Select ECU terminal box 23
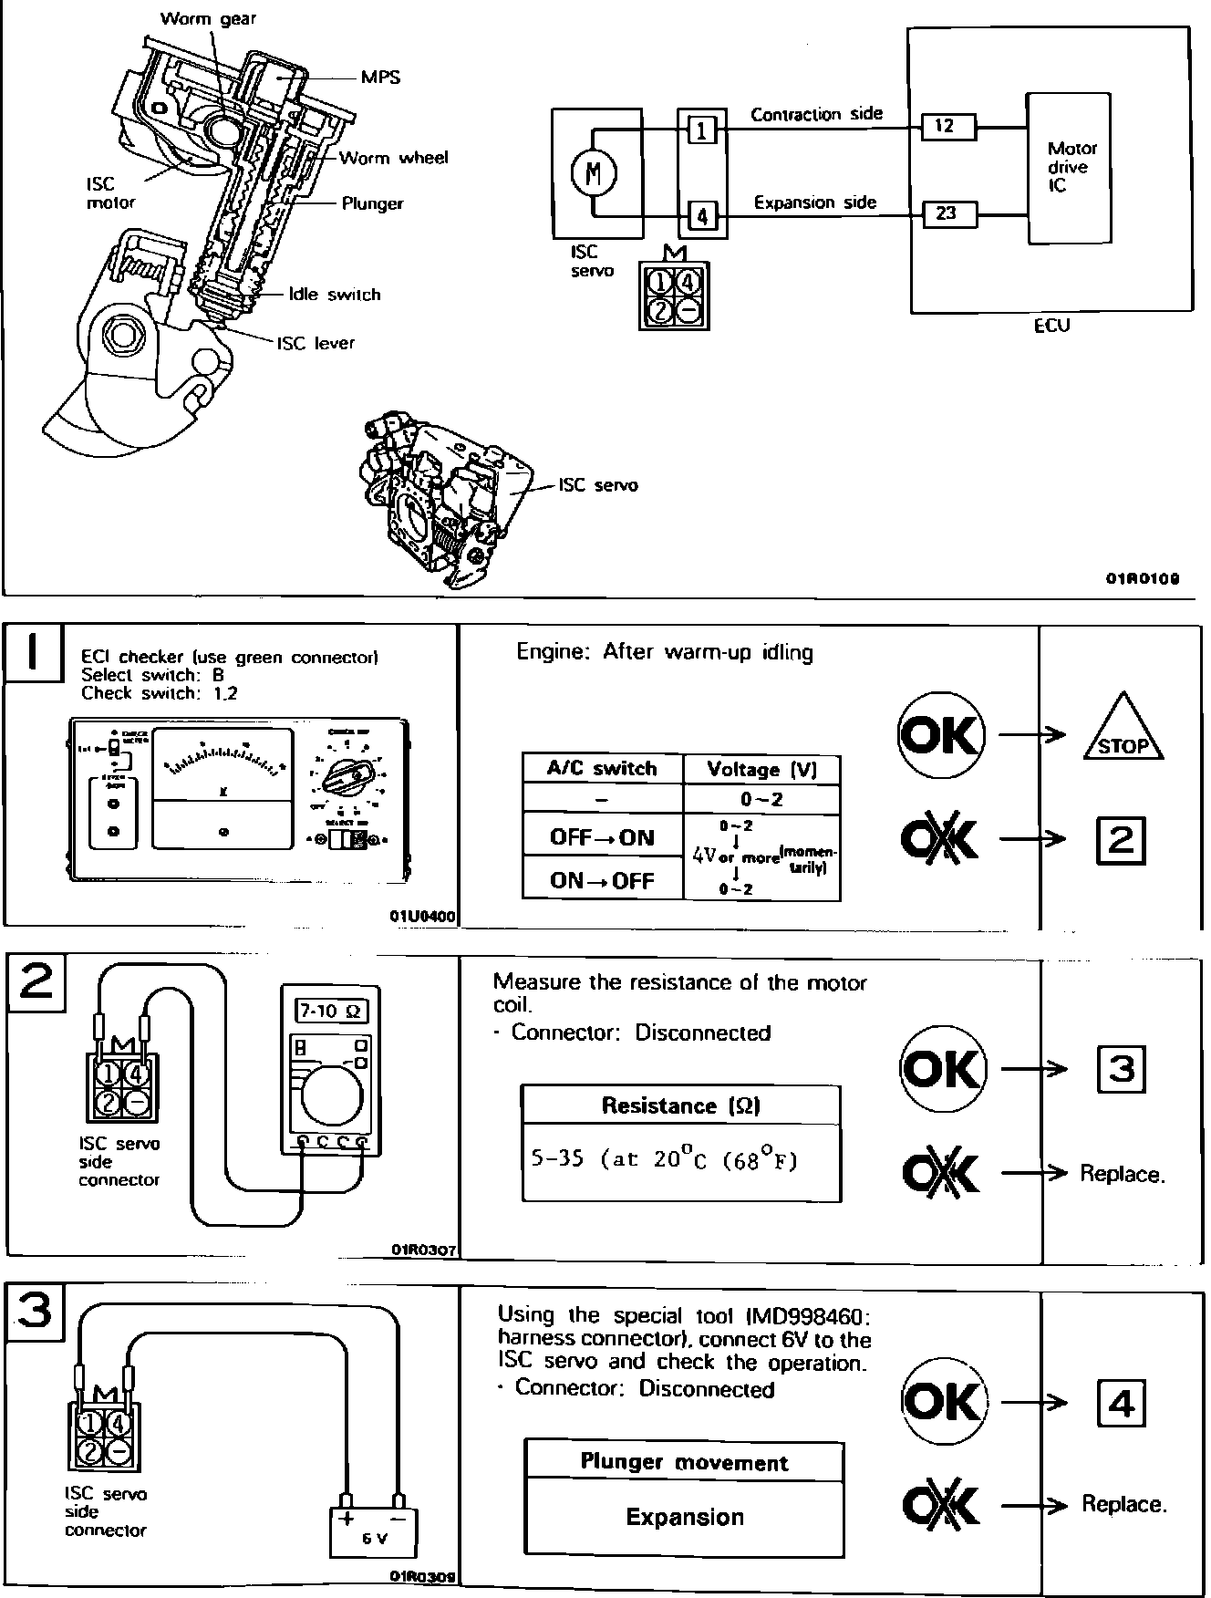[x=948, y=213]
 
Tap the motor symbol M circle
[x=595, y=171]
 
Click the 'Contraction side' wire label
[x=816, y=114]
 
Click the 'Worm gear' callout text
[x=208, y=18]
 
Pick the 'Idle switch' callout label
[x=334, y=295]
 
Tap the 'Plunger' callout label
[x=372, y=203]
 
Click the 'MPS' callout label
[x=380, y=78]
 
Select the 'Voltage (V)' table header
[x=761, y=769]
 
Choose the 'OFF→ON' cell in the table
[x=602, y=837]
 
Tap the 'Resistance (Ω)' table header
[x=680, y=1105]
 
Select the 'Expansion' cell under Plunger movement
[x=684, y=1517]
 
